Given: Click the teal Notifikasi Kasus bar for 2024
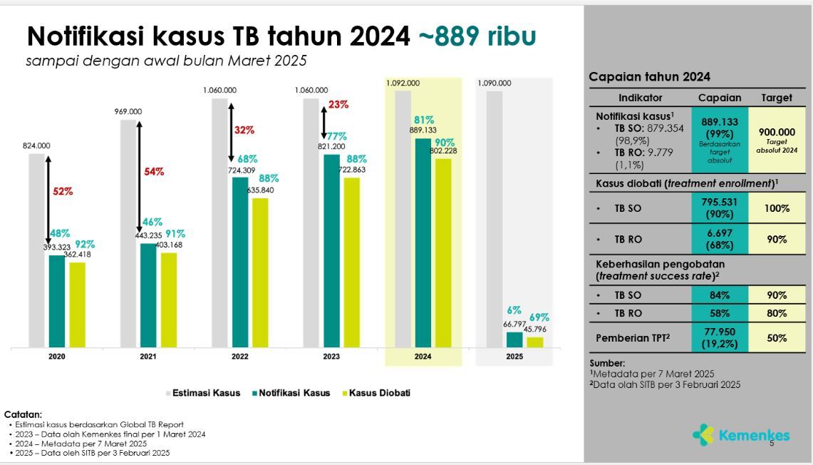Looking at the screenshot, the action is (x=423, y=243).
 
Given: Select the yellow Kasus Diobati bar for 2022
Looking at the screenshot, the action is (x=260, y=272).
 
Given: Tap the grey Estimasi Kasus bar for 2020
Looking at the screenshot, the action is (x=36, y=250).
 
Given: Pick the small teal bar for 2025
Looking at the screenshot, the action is (x=514, y=339).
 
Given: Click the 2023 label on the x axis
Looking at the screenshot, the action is (x=331, y=357).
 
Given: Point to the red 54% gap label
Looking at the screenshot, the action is (x=154, y=172).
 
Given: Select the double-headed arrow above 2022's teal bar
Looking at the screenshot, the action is (x=232, y=133).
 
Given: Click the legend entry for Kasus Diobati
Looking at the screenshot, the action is (x=376, y=393).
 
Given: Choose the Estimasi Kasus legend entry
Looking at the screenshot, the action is (x=203, y=393).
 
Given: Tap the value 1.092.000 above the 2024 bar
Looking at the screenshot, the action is (x=403, y=83).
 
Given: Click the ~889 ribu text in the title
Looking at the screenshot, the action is (x=477, y=36).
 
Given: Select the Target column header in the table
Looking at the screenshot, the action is (x=777, y=98).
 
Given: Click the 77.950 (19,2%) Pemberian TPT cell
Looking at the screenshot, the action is (x=720, y=338).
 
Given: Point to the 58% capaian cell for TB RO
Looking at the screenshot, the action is (x=720, y=314).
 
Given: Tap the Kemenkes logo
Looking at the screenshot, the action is (x=742, y=436).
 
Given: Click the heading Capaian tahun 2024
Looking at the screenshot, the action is (x=649, y=77).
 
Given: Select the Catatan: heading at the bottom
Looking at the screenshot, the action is (x=23, y=414).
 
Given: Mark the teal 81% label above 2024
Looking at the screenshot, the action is (x=424, y=120).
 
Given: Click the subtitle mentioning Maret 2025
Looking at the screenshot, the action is (x=167, y=61).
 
